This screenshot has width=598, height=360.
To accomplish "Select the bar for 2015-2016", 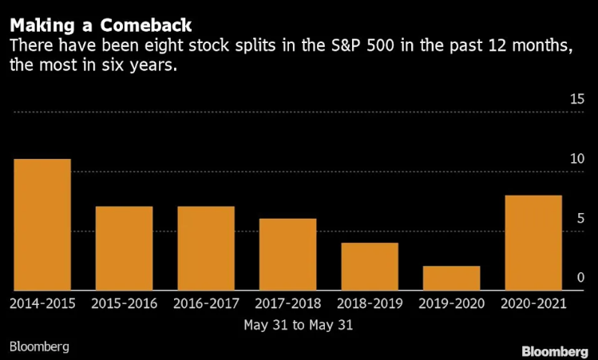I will point(124,248).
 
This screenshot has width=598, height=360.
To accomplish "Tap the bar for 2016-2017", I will point(206,248).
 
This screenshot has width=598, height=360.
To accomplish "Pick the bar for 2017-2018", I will point(287,255).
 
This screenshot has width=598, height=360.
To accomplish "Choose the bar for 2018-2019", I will point(370,267).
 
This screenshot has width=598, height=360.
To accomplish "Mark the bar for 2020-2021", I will point(533,243).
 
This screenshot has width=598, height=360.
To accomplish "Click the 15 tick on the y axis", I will point(576,100).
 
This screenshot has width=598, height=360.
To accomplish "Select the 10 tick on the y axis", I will point(576,159).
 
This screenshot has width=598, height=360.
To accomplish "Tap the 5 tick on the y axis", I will point(580,219).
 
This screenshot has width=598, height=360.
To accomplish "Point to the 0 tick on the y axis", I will point(580,278).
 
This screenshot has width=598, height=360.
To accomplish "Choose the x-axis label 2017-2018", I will point(287,304).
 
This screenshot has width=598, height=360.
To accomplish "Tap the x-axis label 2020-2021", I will point(533,304).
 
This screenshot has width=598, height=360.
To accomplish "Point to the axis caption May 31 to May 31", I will point(298,325).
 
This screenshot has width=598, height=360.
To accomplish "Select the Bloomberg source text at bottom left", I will point(40,346).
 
